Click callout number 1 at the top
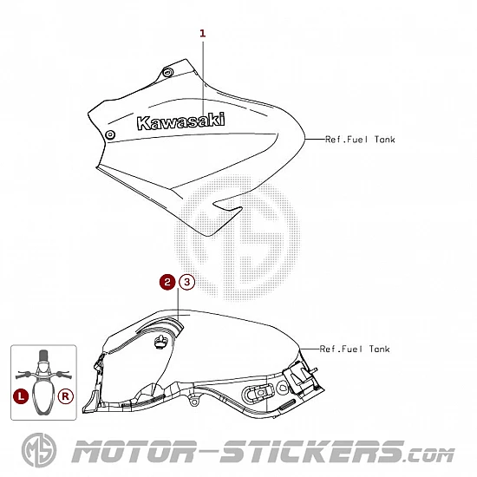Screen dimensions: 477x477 pos(203,34)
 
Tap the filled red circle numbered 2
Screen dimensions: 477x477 pos(167,282)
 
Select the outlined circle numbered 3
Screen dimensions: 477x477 pos(186,282)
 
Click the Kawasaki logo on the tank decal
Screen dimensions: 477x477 pos(181,121)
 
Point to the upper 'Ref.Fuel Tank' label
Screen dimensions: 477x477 pos(360,140)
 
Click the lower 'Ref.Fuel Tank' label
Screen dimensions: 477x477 pos(355,349)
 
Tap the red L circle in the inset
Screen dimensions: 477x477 pos(21,396)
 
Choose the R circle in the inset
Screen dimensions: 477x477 pos(66,396)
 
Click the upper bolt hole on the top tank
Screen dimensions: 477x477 pos(167,72)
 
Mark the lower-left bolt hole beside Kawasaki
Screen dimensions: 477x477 pos(110,134)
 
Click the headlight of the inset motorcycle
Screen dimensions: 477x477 pos(43,366)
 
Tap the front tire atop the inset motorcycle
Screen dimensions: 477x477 pos(43,356)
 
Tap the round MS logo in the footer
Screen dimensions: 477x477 pos(39,450)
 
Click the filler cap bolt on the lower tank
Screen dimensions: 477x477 pos(160,342)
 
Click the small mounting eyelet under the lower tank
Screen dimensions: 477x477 pos(193,402)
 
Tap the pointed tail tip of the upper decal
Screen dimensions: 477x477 pos(208,236)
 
